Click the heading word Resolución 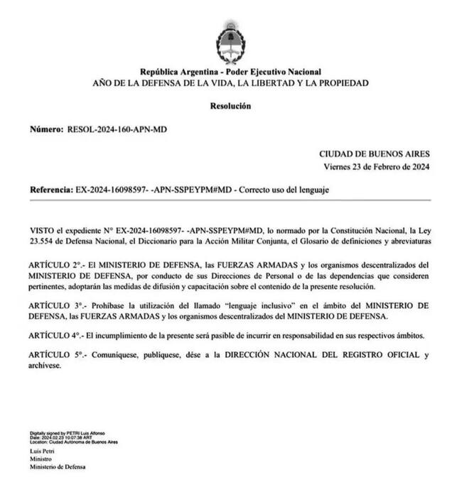pos(230,106)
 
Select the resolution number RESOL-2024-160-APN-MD pos(117,130)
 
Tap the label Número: pos(46,130)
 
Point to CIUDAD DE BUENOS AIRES pos(374,154)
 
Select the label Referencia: pos(50,191)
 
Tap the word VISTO pos(41,231)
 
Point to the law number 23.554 pos(42,241)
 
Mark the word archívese pos(46,366)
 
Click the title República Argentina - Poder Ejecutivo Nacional pos(230,72)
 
